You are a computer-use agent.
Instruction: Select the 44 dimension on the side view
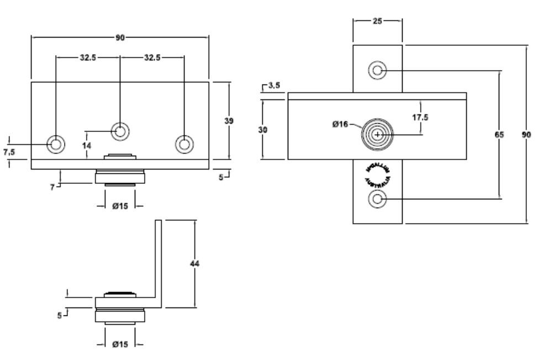click(194, 263)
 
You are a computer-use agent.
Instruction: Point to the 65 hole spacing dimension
click(499, 134)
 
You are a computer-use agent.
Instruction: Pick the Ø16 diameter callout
click(340, 124)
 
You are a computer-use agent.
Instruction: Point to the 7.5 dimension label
click(9, 153)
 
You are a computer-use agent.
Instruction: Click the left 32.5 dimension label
click(87, 57)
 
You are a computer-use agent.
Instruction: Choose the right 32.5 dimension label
click(152, 57)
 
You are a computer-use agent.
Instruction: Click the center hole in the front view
click(120, 131)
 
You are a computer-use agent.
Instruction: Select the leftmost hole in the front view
click(55, 144)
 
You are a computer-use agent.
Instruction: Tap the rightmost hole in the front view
click(184, 144)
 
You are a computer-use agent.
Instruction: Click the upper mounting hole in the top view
click(378, 71)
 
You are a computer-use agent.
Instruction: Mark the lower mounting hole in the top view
click(378, 199)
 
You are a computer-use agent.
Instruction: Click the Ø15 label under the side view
click(120, 345)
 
